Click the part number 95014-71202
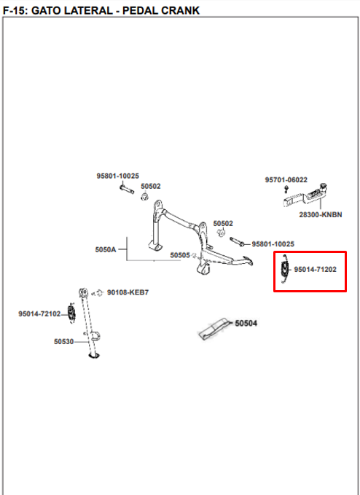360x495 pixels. [x=316, y=270]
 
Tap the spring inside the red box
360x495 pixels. [x=285, y=269]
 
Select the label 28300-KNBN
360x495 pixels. [x=321, y=214]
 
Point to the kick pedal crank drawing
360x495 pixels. [x=305, y=195]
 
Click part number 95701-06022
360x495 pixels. [x=286, y=180]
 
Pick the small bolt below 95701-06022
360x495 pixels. [x=286, y=190]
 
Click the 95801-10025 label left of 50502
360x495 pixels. [x=117, y=176]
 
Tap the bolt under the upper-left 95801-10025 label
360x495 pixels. [x=127, y=189]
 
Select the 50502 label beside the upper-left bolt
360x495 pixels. [x=151, y=186]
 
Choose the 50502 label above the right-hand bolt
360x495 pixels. [x=223, y=224]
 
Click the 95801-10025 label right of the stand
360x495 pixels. [x=273, y=244]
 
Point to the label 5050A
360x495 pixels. [x=106, y=250]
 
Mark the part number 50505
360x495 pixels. [x=180, y=255]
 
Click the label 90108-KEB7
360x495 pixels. [x=128, y=292]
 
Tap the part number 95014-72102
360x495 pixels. [x=39, y=313]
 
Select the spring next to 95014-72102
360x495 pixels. [x=72, y=313]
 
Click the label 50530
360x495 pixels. [x=63, y=342]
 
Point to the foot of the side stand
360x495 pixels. [x=94, y=356]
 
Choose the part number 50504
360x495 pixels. [x=246, y=323]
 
